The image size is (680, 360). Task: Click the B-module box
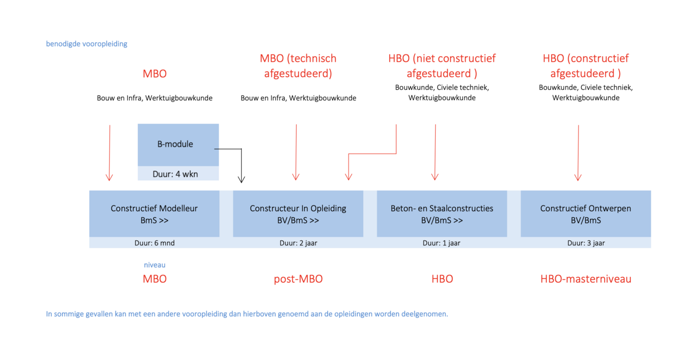178,144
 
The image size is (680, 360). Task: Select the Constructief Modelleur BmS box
154,213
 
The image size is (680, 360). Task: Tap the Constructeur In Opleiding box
298,213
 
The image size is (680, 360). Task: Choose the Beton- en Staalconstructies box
442,213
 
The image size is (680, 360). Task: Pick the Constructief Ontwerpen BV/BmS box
586,213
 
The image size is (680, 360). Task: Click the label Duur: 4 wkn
175,174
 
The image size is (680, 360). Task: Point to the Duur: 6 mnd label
154,243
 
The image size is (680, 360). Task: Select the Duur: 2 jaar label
298,243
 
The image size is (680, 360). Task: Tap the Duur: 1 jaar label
442,243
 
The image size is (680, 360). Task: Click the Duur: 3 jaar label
586,243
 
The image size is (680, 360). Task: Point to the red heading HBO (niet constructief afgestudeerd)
442,66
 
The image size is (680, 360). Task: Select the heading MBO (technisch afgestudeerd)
298,66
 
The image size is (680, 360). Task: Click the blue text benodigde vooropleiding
87,44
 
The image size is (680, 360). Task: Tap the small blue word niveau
154,265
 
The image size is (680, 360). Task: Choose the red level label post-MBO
298,279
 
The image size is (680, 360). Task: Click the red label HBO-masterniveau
586,279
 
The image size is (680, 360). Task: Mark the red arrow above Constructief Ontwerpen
578,153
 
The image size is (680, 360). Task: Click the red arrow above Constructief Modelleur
109,153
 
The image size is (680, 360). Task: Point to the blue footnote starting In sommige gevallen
247,314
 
